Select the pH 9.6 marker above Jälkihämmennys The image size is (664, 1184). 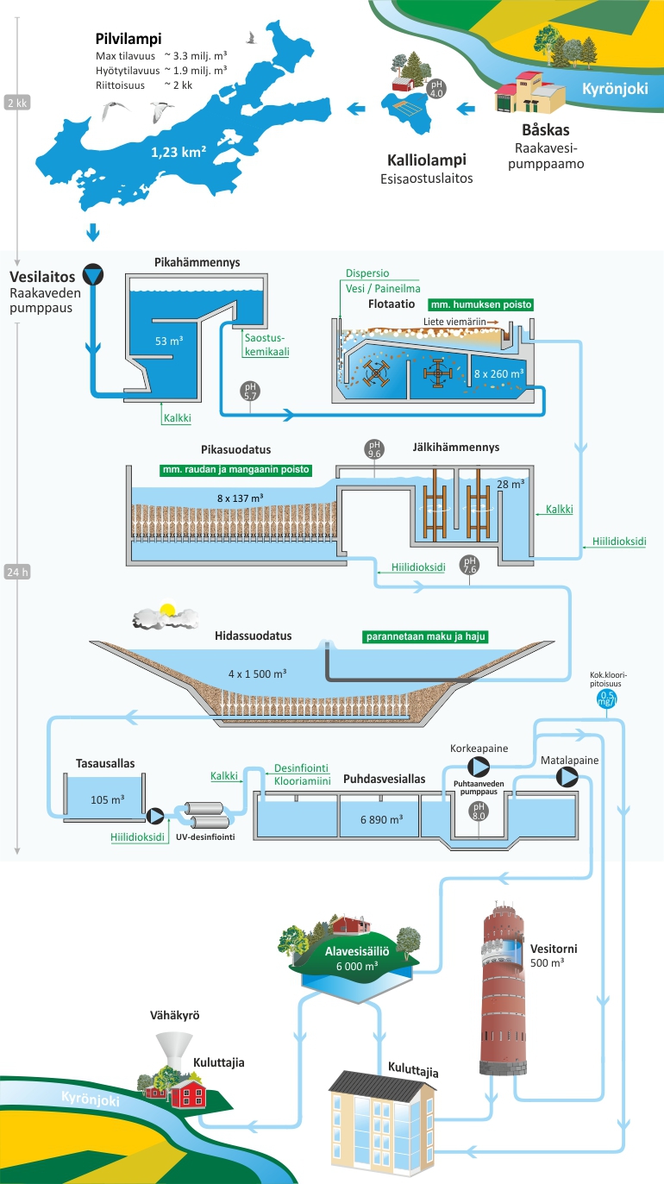tap(375, 449)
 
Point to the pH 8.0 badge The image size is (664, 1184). tap(478, 811)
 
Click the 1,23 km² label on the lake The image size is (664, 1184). tap(178, 153)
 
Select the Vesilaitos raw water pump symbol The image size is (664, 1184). tap(92, 275)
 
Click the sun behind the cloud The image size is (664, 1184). tap(166, 611)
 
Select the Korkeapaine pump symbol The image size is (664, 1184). tap(478, 767)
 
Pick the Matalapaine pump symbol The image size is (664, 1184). tap(567, 777)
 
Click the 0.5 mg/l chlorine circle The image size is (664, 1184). tap(607, 700)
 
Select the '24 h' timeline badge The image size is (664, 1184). tap(17, 572)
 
